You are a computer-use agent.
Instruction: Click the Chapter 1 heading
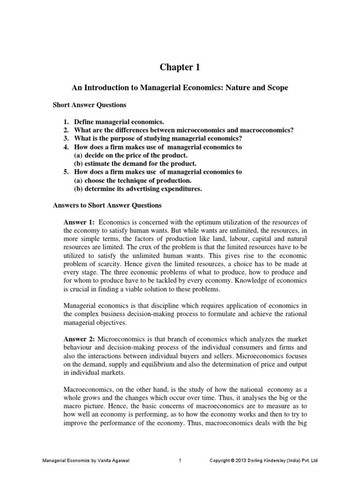point(180,67)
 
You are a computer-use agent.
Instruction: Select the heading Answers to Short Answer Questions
point(107,205)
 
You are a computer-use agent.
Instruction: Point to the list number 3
point(66,138)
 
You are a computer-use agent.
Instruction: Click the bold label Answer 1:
point(79,222)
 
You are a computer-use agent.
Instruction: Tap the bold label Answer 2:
point(79,339)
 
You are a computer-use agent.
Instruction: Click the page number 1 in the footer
point(180,461)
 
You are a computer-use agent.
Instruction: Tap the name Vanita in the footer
point(98,461)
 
